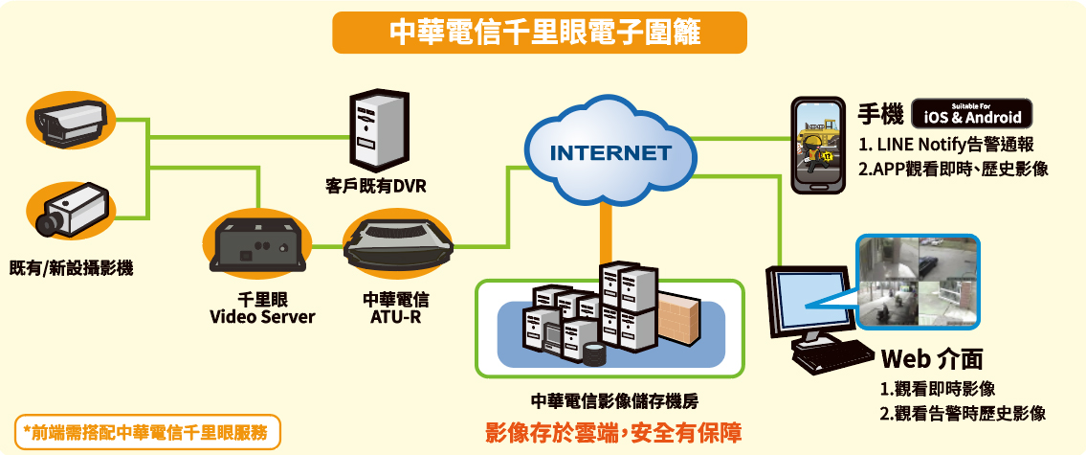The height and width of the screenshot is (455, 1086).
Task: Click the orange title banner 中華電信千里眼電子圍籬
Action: [x=540, y=33]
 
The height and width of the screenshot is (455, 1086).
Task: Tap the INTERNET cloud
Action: [x=609, y=151]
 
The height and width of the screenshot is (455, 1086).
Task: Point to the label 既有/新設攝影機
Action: [x=72, y=267]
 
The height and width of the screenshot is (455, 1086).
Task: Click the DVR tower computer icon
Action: [x=376, y=129]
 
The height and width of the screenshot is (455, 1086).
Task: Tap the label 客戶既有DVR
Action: [x=375, y=187]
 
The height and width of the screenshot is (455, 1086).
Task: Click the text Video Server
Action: [x=262, y=318]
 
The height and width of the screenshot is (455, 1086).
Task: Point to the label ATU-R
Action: [x=395, y=318]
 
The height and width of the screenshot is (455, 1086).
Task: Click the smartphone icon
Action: [x=818, y=145]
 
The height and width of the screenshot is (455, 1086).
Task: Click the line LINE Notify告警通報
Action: [x=946, y=146]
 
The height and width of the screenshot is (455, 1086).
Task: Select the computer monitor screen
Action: [x=811, y=303]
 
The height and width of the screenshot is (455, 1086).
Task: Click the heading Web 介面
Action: [x=932, y=359]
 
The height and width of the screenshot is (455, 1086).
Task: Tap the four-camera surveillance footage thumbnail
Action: [x=918, y=281]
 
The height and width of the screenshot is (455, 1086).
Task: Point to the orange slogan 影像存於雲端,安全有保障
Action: [x=613, y=434]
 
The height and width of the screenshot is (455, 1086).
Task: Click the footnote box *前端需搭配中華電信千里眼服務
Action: [x=147, y=432]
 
